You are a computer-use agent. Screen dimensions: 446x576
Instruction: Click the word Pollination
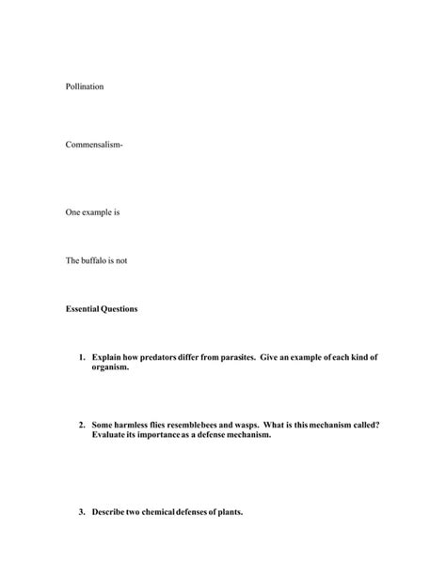[85, 86]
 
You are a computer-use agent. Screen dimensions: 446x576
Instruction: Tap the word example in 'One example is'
[97, 212]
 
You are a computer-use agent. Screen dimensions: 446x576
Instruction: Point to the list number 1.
[82, 358]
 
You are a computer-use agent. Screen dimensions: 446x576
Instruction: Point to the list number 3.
[82, 512]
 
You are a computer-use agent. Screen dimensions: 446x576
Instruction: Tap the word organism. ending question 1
[111, 367]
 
